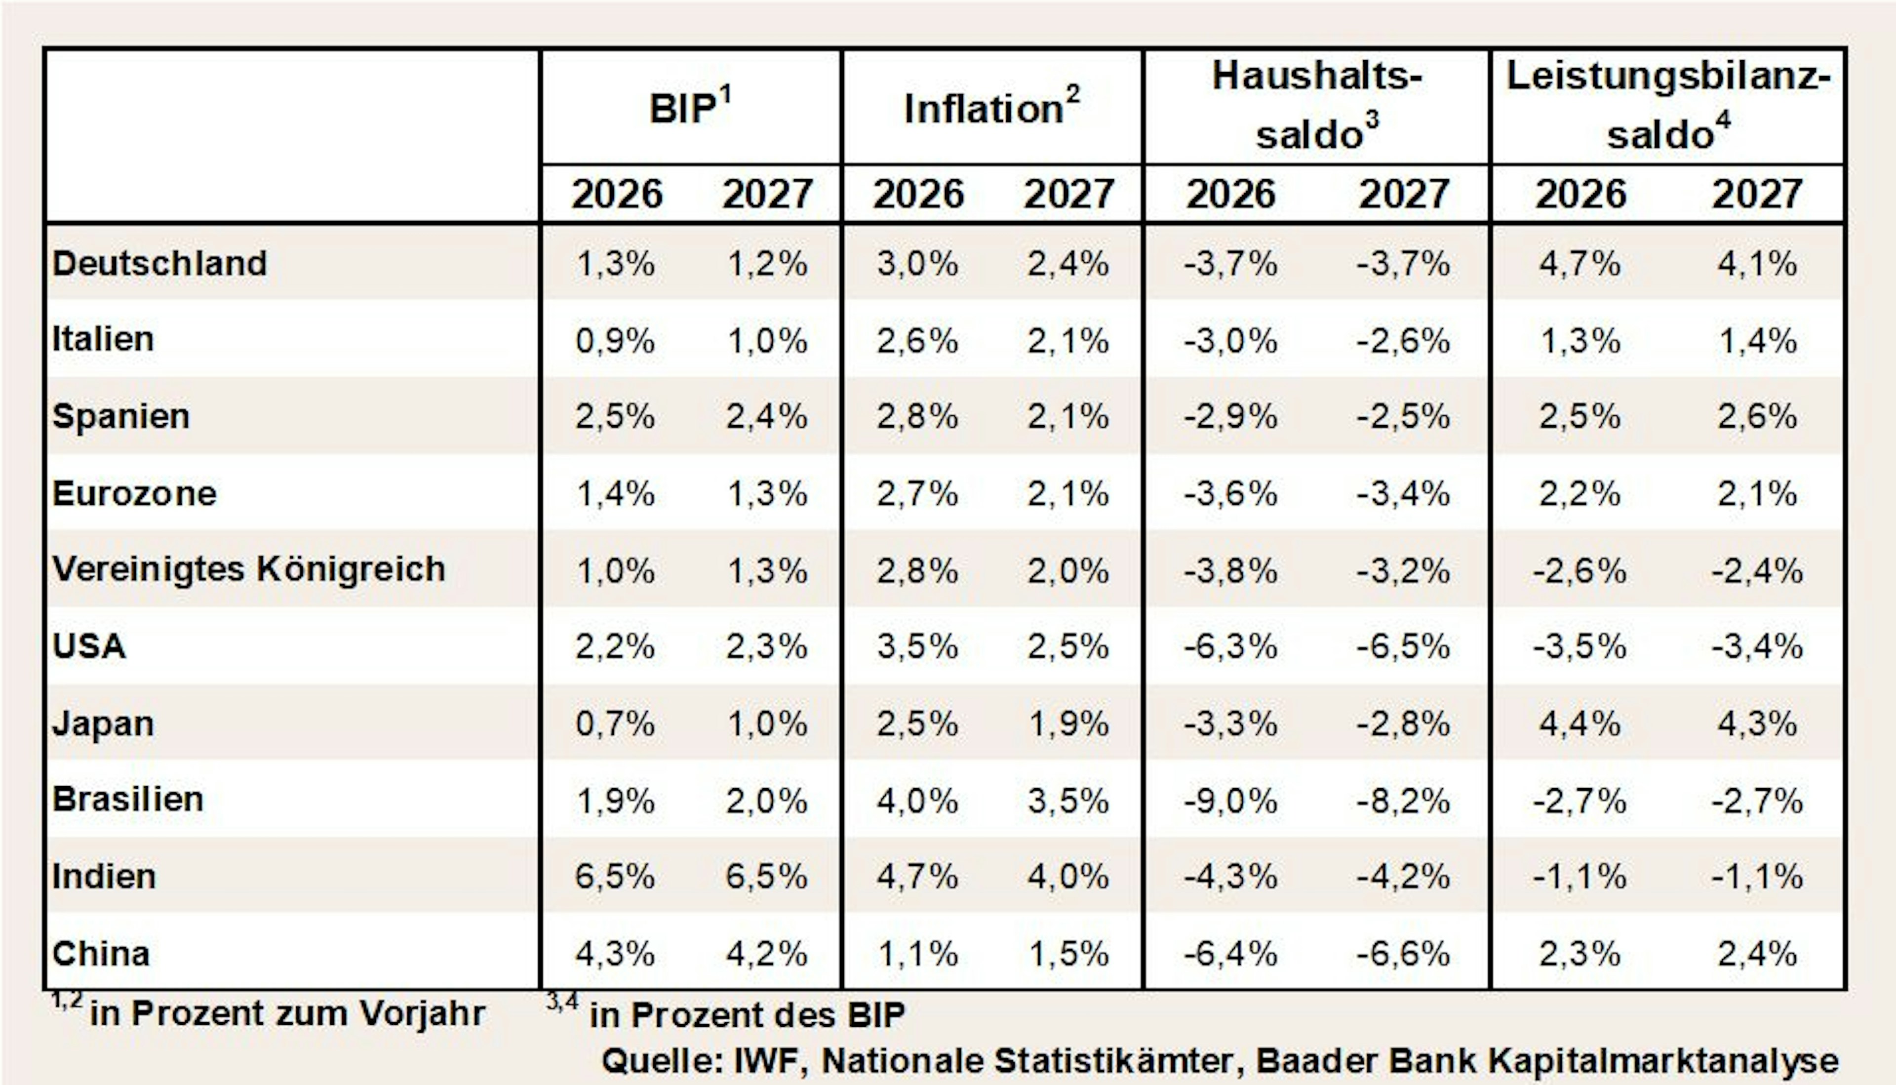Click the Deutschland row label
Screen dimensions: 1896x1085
coord(159,263)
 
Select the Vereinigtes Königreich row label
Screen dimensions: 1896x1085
coord(249,569)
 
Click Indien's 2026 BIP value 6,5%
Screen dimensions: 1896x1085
coord(615,876)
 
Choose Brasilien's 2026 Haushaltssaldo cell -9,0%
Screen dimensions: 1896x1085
coord(1231,801)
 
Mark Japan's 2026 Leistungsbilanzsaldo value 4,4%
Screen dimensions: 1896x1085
coord(1580,723)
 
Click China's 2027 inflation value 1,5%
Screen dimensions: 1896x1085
coord(1068,954)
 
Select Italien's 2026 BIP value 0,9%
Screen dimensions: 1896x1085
coord(615,341)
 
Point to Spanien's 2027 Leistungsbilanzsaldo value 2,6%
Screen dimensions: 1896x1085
coord(1757,416)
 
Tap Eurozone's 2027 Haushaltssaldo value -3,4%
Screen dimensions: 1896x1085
coord(1404,493)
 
